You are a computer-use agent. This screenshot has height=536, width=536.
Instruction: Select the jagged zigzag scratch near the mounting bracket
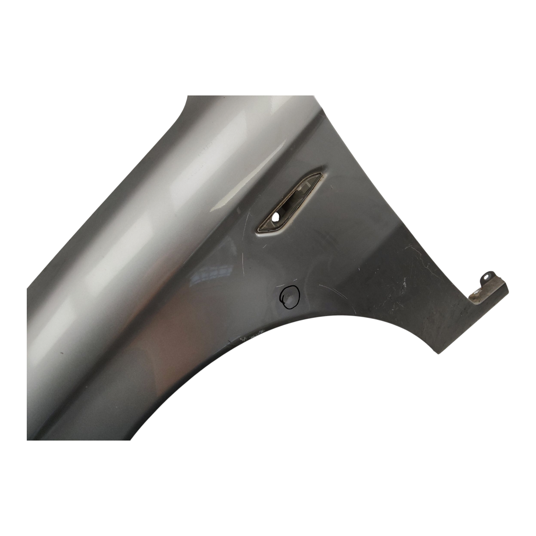click(x=419, y=260)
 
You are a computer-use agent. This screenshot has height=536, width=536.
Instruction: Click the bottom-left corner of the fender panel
click(x=27, y=440)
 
